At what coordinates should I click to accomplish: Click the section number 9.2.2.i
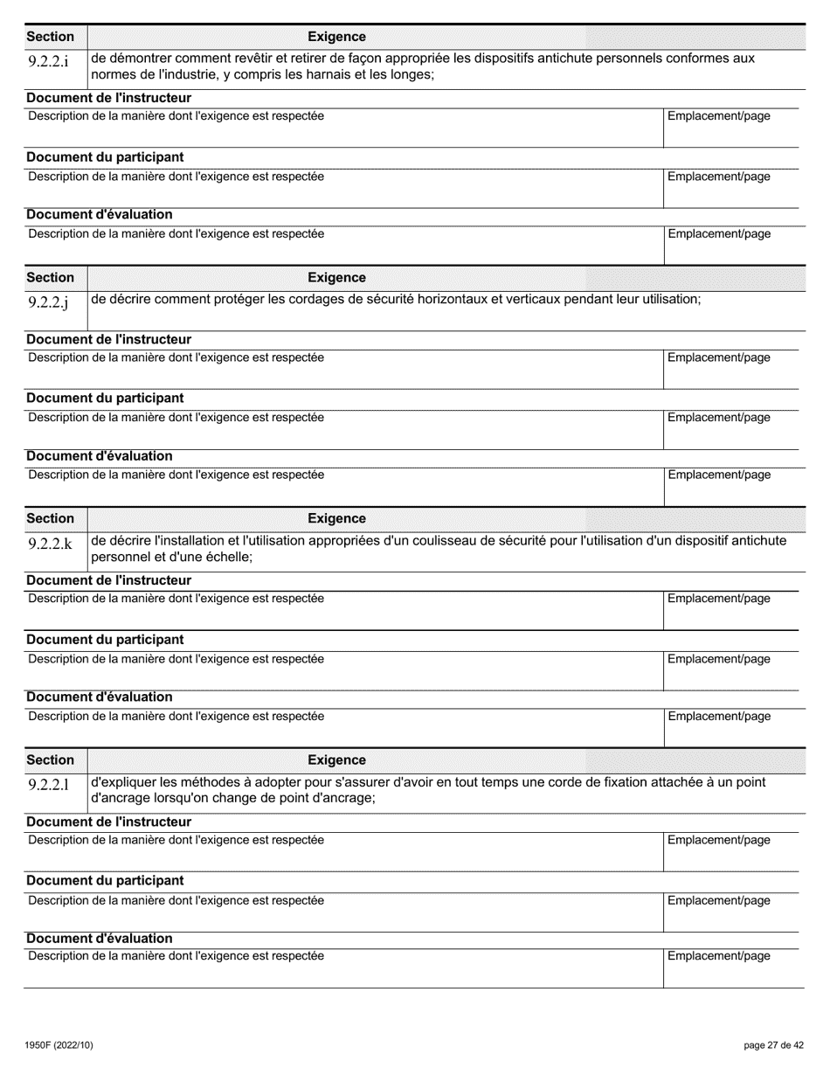click(x=48, y=61)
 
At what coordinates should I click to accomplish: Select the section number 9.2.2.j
click(x=48, y=303)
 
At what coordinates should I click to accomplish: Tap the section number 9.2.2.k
click(x=50, y=544)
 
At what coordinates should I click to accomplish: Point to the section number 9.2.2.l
click(x=48, y=786)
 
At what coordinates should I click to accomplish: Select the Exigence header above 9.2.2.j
click(x=336, y=277)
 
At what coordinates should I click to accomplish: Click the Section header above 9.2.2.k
click(x=51, y=518)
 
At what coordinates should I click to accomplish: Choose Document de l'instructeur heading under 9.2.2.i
click(x=108, y=98)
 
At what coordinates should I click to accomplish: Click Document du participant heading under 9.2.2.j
click(x=105, y=399)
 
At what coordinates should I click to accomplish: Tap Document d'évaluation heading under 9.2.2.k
click(x=99, y=697)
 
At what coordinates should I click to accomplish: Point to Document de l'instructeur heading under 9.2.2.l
click(x=108, y=822)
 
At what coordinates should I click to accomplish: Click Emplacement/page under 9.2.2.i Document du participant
click(x=718, y=177)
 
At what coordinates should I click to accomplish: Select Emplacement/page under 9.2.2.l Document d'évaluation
click(x=718, y=956)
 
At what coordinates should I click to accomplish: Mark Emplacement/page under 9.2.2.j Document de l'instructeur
click(x=718, y=357)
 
